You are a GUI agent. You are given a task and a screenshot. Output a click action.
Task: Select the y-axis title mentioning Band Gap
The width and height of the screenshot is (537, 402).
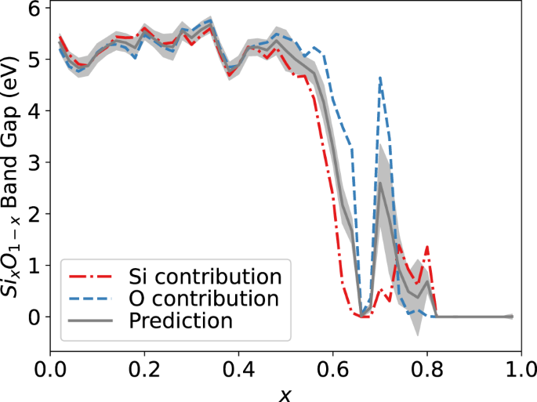pos(14,180)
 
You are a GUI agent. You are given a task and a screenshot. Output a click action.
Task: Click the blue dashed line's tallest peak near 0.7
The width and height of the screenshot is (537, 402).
pos(380,77)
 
